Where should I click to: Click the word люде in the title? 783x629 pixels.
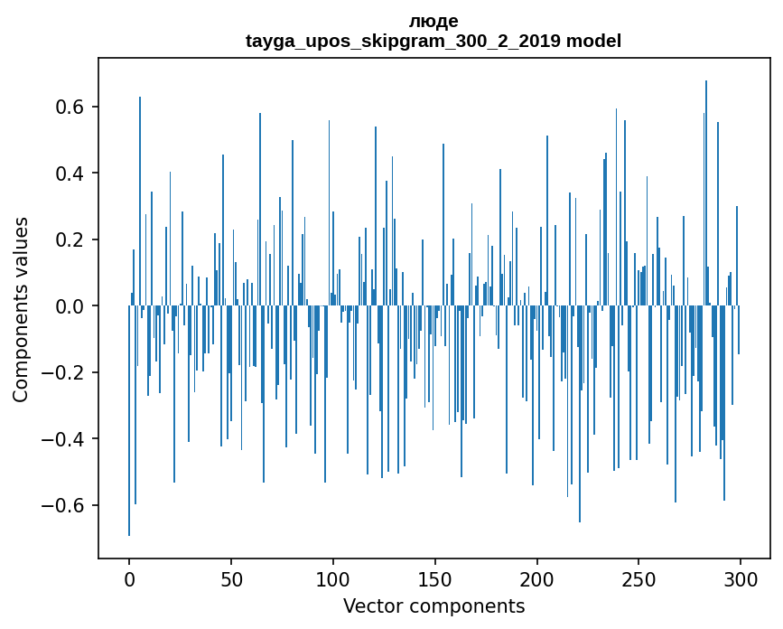[x=433, y=22]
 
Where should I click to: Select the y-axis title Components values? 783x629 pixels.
[x=21, y=309]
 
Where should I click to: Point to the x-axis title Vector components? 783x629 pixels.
[x=433, y=606]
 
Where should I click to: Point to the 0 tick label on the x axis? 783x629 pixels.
[x=129, y=578]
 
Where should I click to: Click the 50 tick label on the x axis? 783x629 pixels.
[x=231, y=578]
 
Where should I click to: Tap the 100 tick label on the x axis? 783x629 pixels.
[x=333, y=578]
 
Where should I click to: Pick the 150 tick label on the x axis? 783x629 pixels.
[x=435, y=578]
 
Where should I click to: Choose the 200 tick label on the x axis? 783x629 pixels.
[x=537, y=578]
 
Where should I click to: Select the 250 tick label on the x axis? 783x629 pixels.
[x=639, y=578]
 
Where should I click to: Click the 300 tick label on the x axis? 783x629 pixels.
[x=741, y=578]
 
